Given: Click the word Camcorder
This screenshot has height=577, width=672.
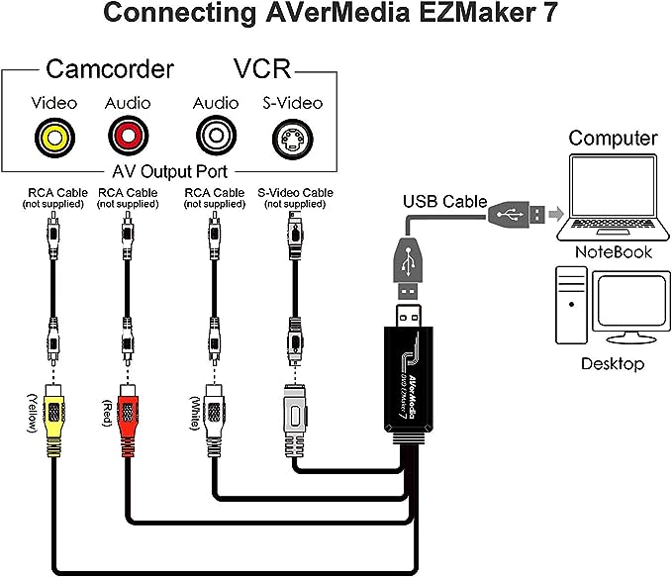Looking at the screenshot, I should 110,69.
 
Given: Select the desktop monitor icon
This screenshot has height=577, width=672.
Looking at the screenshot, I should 628,307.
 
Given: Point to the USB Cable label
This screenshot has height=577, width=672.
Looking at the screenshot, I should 444,202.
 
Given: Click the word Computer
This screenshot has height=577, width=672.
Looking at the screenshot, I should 613,138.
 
